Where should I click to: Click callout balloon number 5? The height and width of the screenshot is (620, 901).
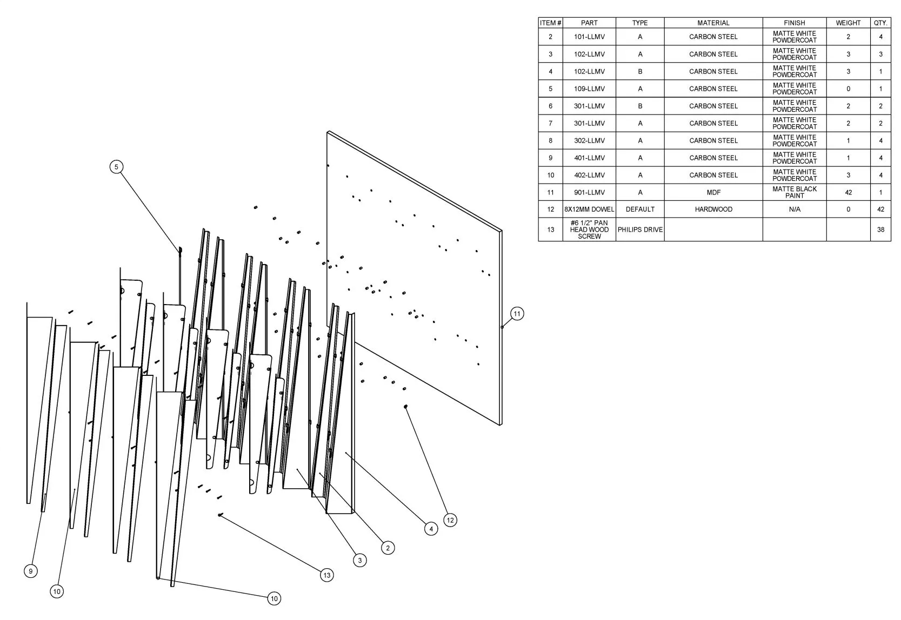117,167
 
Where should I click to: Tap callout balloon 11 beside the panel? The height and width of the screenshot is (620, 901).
517,314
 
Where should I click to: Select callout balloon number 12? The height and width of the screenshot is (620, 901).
450,520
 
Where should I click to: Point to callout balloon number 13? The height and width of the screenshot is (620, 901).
326,575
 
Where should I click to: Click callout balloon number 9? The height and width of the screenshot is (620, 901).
31,571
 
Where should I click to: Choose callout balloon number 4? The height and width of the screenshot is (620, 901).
431,529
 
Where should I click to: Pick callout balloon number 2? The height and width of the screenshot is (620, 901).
388,548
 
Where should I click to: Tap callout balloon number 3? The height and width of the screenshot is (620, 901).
360,561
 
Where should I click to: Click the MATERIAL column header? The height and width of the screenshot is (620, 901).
713,23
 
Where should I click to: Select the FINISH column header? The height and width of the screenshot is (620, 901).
794,23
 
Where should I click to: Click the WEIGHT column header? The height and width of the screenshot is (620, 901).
848,23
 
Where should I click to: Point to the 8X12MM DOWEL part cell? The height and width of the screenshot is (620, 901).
589,210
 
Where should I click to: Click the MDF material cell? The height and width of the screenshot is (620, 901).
713,192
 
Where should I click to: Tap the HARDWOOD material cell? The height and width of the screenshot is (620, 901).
713,210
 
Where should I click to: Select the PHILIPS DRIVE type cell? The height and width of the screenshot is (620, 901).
640,230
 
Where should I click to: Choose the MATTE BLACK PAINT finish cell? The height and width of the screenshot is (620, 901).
794,192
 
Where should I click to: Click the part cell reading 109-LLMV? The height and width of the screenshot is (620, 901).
589,89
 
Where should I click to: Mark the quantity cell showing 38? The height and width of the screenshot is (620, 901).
880,230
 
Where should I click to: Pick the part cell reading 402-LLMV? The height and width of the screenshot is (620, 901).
589,175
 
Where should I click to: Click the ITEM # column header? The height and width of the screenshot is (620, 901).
550,23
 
